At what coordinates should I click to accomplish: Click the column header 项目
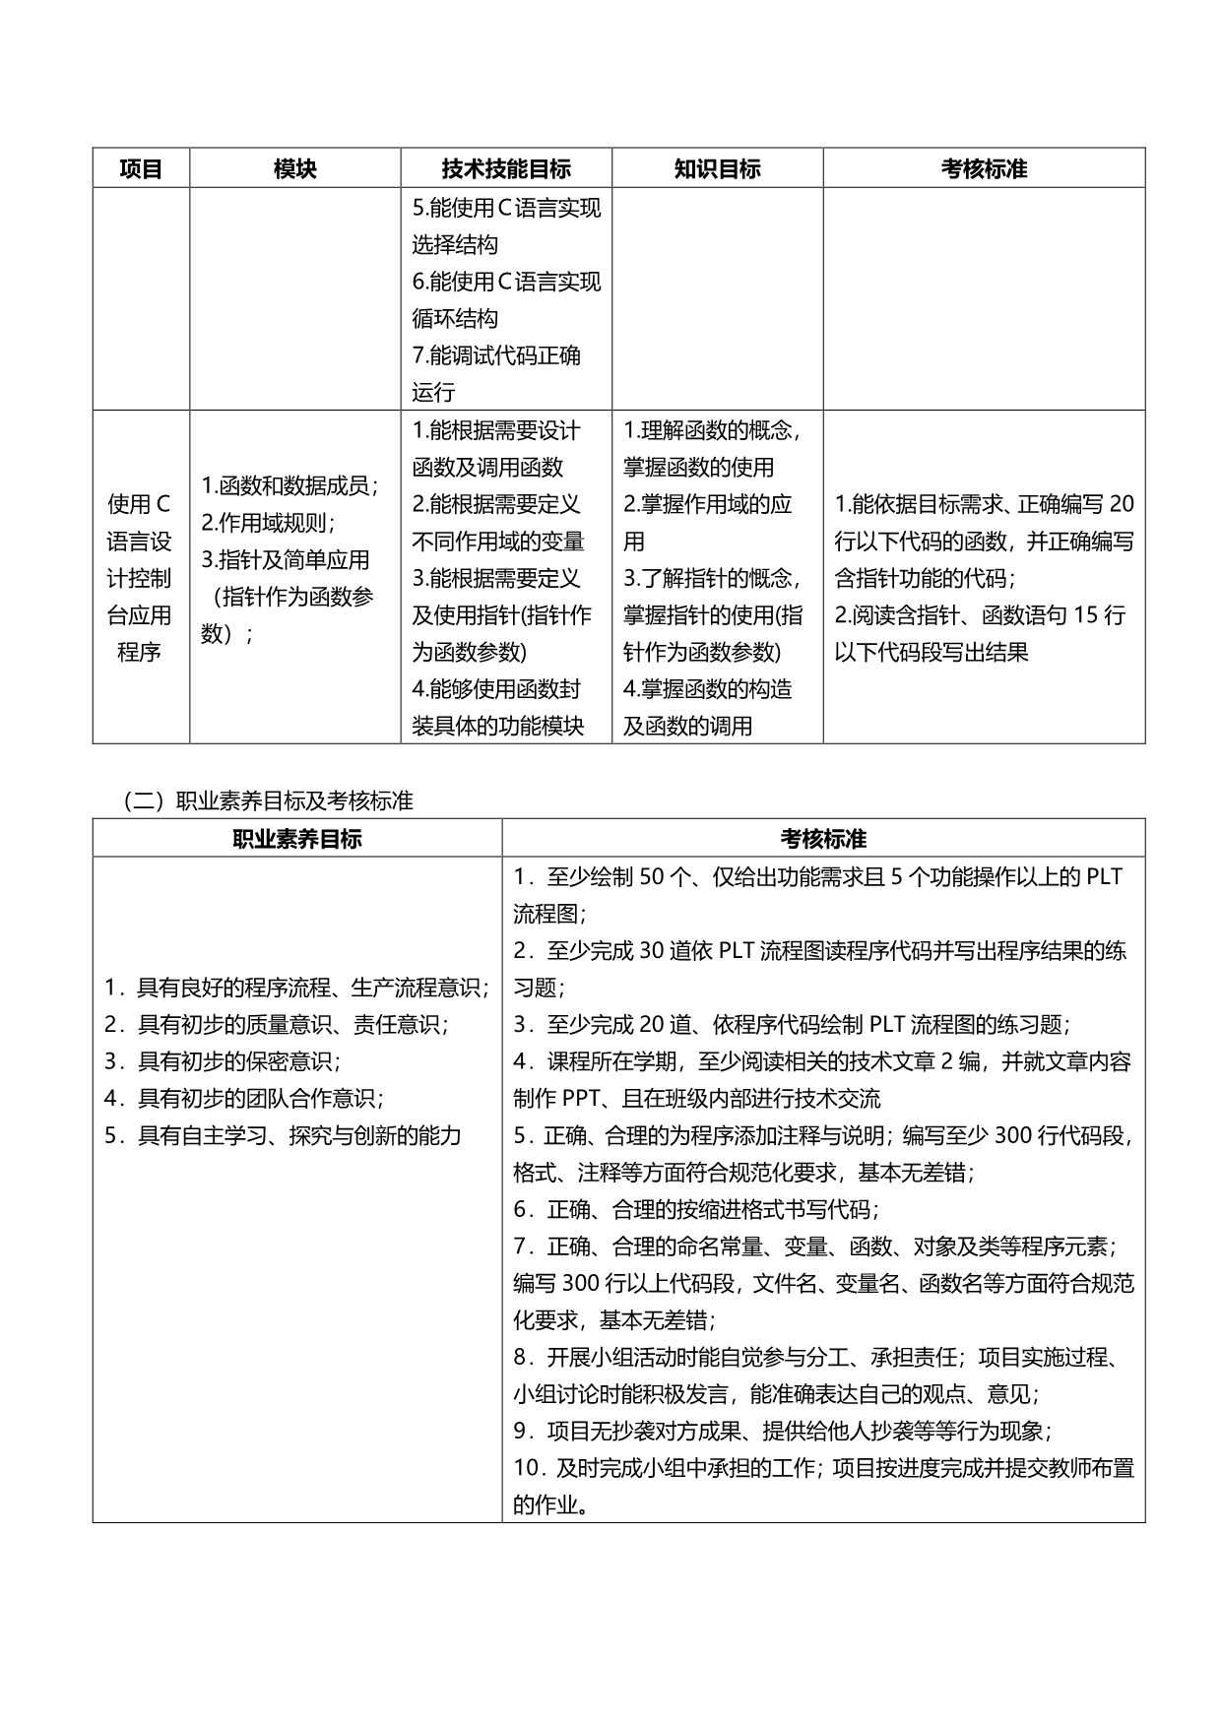(141, 168)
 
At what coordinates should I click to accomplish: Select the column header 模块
(295, 168)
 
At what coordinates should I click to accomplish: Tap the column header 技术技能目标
(506, 168)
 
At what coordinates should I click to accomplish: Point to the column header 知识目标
(717, 168)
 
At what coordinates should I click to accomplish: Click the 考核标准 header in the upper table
(984, 168)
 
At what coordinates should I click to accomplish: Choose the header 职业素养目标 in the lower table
(296, 839)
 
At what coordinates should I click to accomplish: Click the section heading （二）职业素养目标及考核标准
(268, 800)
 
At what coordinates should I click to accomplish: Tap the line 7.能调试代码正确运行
(496, 373)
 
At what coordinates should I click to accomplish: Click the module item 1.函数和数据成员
(290, 484)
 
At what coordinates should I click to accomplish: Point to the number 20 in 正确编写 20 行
(1121, 504)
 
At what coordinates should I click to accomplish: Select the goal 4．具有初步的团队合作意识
(244, 1098)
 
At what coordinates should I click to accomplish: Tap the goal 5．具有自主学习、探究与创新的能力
(283, 1135)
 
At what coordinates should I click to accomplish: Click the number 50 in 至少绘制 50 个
(652, 876)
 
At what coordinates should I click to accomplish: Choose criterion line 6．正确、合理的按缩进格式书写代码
(695, 1209)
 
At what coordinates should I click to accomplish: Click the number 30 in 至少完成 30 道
(652, 950)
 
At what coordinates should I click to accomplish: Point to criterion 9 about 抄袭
(783, 1431)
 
